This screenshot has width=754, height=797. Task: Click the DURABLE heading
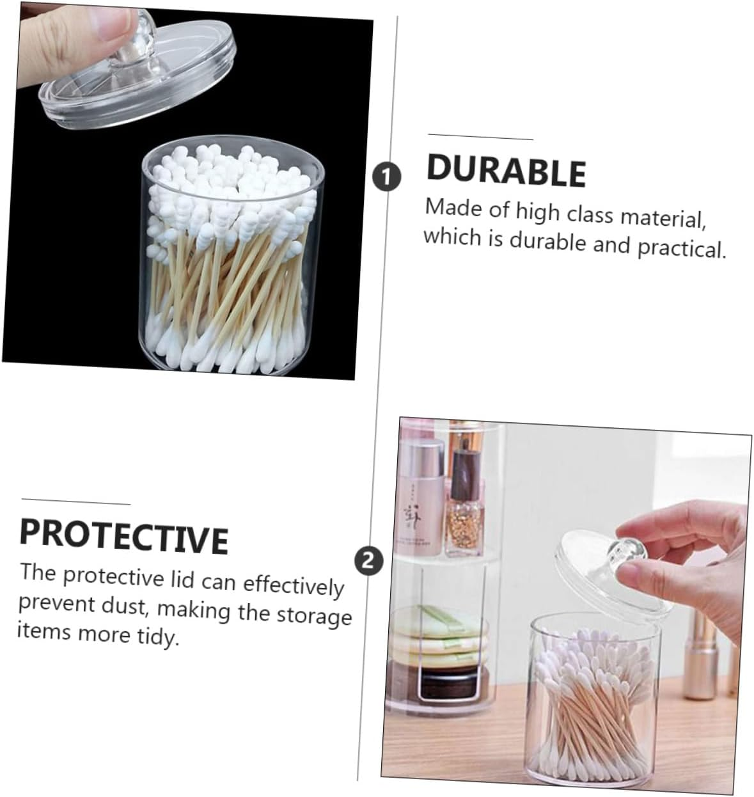coord(506,170)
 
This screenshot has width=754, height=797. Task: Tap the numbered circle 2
coord(368,561)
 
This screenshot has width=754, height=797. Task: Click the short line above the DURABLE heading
coord(480,137)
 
